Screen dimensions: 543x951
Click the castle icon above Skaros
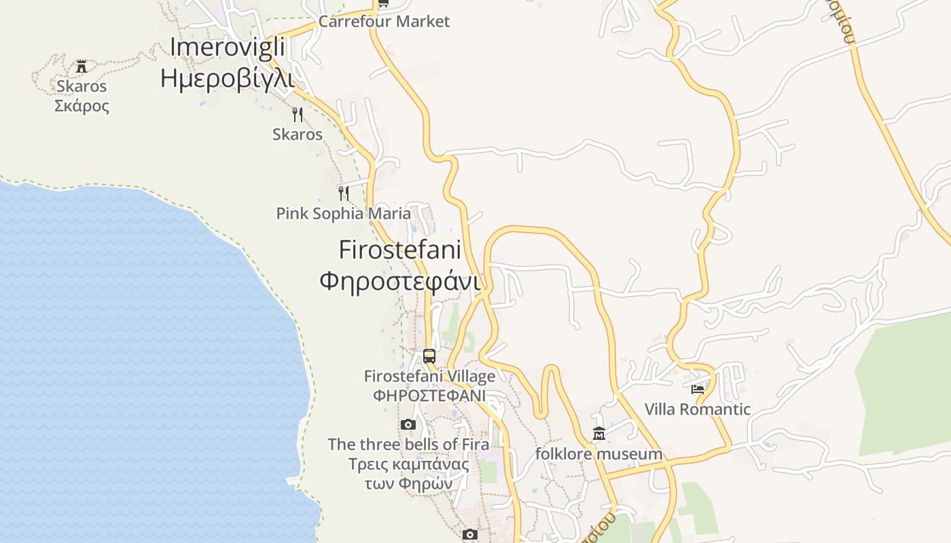pyautogui.click(x=82, y=67)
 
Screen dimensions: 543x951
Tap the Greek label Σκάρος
pyautogui.click(x=82, y=106)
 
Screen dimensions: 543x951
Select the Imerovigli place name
pyautogui.click(x=227, y=48)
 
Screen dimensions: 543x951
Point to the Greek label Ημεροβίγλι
pyautogui.click(x=227, y=79)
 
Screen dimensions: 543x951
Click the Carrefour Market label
pyautogui.click(x=384, y=22)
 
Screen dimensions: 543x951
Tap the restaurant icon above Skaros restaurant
pyautogui.click(x=297, y=114)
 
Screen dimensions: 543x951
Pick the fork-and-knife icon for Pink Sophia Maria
pyautogui.click(x=344, y=193)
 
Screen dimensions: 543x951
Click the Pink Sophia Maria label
pyautogui.click(x=343, y=214)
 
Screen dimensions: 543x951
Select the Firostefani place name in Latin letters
pyautogui.click(x=399, y=250)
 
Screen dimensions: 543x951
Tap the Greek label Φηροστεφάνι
pyautogui.click(x=399, y=280)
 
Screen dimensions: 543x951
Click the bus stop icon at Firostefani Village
pyautogui.click(x=429, y=356)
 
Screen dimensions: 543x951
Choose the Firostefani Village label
pyautogui.click(x=429, y=376)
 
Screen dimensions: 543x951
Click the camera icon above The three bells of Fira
pyautogui.click(x=408, y=425)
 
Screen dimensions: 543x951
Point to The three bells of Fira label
pyautogui.click(x=408, y=445)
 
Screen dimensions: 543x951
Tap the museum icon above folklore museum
pyautogui.click(x=599, y=434)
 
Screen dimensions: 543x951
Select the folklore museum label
pyautogui.click(x=598, y=454)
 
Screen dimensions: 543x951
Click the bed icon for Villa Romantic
pyautogui.click(x=698, y=389)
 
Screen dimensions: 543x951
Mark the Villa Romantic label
pyautogui.click(x=698, y=409)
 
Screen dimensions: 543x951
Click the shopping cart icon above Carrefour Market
pyautogui.click(x=383, y=3)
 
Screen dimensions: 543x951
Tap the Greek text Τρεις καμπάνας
pyautogui.click(x=408, y=465)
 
